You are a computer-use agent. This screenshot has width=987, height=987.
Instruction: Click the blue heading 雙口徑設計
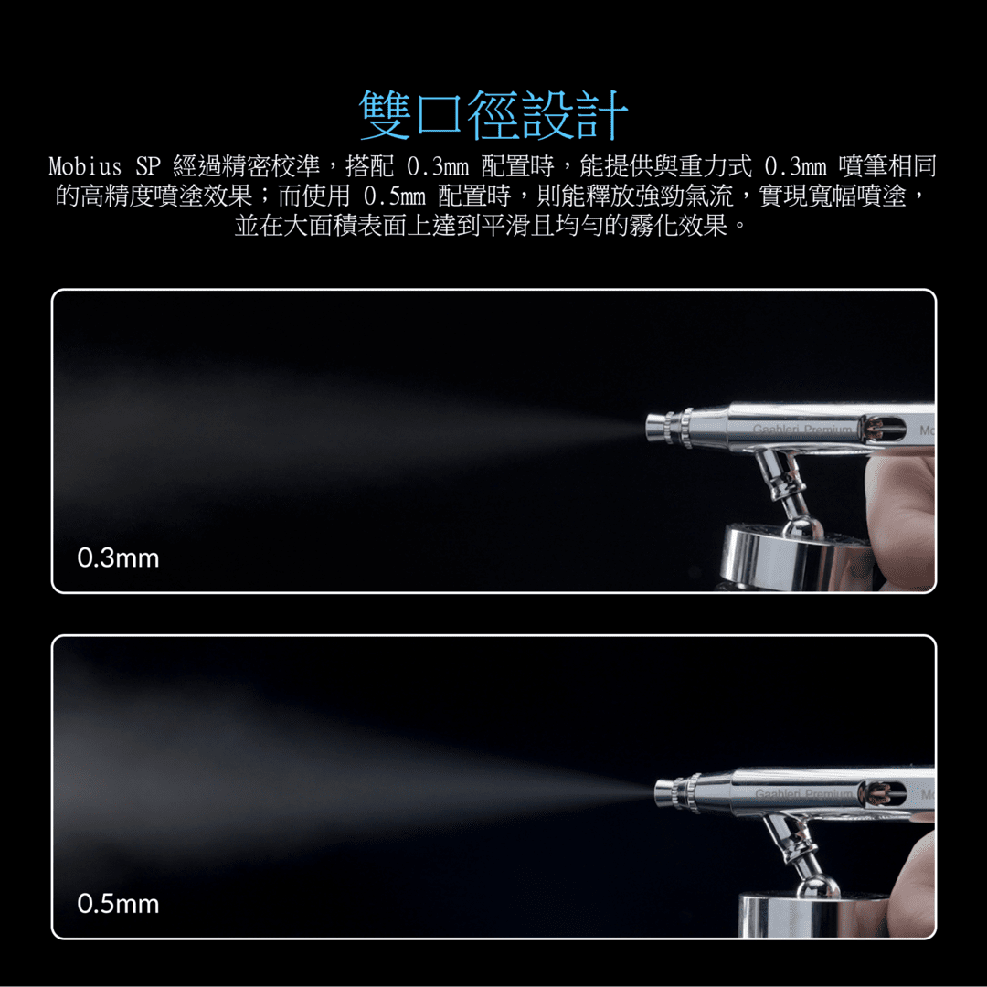[x=493, y=114]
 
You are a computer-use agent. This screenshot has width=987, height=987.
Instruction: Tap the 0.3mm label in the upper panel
[x=118, y=558]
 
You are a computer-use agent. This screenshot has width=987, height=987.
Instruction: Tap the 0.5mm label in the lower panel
[x=118, y=904]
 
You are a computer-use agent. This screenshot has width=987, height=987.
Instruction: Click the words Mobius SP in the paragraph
[x=104, y=166]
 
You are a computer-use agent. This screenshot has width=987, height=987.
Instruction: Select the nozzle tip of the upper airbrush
[x=656, y=427]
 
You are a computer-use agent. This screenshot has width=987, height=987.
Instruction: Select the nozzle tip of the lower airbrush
[x=665, y=791]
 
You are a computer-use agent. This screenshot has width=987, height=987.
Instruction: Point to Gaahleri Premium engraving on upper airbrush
[x=802, y=430]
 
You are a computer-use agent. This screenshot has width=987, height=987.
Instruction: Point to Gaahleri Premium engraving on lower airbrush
[x=804, y=794]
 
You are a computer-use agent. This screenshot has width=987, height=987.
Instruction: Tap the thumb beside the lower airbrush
[x=913, y=881]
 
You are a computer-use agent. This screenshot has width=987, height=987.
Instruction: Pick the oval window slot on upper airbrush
[x=885, y=430]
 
